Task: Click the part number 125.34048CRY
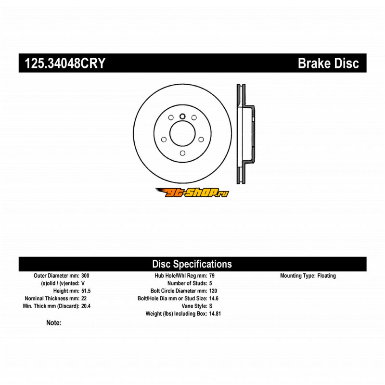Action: click(x=62, y=63)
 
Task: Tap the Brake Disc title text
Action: click(x=328, y=63)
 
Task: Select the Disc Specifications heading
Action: click(x=192, y=264)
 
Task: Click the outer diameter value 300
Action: click(x=85, y=276)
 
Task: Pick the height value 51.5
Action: click(x=86, y=291)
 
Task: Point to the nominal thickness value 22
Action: click(x=84, y=298)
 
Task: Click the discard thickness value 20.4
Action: click(x=86, y=306)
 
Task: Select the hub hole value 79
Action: click(x=212, y=276)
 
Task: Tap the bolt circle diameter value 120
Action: click(x=213, y=291)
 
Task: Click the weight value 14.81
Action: click(x=215, y=314)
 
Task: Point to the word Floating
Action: click(x=327, y=276)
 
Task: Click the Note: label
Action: click(x=53, y=323)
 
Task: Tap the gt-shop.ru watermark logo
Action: click(x=192, y=192)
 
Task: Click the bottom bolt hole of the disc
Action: click(x=182, y=154)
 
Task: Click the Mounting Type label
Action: click(x=297, y=276)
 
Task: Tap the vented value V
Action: click(x=83, y=283)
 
